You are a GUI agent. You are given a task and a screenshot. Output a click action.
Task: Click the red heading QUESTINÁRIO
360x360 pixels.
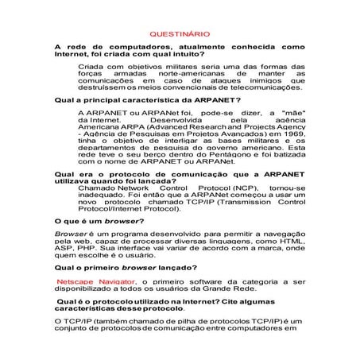[180, 34]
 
